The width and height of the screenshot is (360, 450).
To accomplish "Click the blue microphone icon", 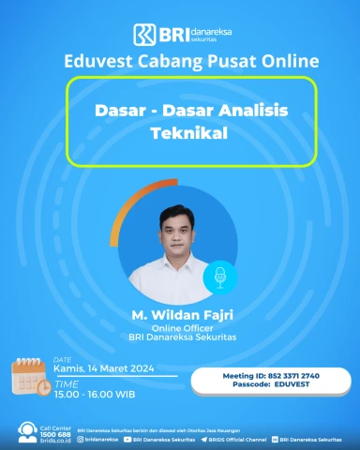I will click(221, 275).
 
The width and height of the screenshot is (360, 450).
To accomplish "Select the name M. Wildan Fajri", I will click(180, 314).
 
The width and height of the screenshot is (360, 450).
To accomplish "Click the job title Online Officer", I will click(180, 328).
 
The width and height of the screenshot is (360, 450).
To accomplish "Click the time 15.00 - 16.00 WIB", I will click(92, 394).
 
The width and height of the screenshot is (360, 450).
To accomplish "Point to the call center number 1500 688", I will click(55, 434).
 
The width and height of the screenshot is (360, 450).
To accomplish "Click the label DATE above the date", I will click(62, 359).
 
